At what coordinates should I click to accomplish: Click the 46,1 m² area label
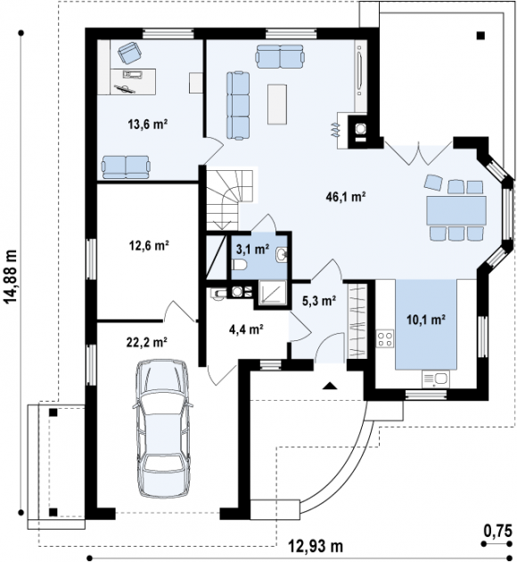(x=346, y=197)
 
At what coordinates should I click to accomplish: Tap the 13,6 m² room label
(x=148, y=124)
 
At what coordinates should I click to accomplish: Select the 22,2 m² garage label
(x=147, y=342)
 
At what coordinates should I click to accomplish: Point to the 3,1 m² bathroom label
(x=253, y=248)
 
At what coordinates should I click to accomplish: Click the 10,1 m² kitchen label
(x=426, y=320)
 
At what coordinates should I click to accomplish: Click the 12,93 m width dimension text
(x=316, y=546)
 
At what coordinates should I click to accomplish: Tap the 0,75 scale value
(x=498, y=531)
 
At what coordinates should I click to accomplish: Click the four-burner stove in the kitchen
(x=384, y=338)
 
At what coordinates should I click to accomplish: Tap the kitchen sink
(x=436, y=379)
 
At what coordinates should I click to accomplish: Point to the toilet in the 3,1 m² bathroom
(x=239, y=265)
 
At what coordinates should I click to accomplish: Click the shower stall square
(x=272, y=293)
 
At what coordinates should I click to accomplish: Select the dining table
(x=456, y=210)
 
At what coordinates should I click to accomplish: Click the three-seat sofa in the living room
(x=238, y=105)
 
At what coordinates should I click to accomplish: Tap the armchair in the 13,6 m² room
(x=129, y=52)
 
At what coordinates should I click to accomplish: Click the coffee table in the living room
(x=277, y=104)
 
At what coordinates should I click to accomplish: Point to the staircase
(x=230, y=200)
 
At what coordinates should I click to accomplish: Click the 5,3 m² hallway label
(x=319, y=301)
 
